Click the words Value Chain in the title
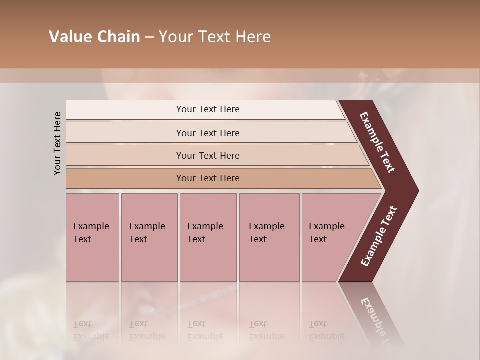pyautogui.click(x=94, y=37)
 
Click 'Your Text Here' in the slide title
pyautogui.click(x=215, y=37)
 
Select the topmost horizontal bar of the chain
pyautogui.click(x=125, y=110)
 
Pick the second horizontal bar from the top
pyautogui.click(x=125, y=133)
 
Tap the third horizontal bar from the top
pyautogui.click(x=125, y=155)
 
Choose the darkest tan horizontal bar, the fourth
pyautogui.click(x=125, y=178)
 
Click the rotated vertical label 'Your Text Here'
pyautogui.click(x=57, y=143)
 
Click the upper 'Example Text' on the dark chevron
pyautogui.click(x=377, y=142)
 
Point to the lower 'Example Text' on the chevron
pyautogui.click(x=379, y=236)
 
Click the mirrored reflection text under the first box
pyautogui.click(x=91, y=330)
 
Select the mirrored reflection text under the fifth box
pyautogui.click(x=326, y=330)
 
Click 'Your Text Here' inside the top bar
pyautogui.click(x=208, y=109)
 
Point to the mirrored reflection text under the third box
pyautogui.click(x=205, y=330)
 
